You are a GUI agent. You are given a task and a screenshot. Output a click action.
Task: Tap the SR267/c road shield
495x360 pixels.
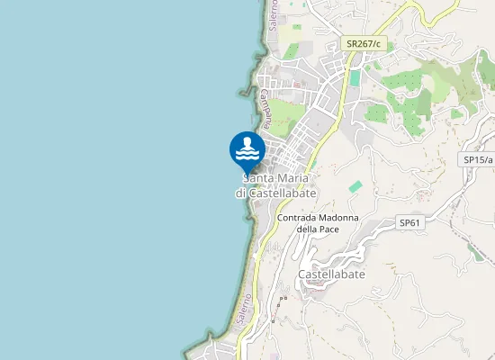364,43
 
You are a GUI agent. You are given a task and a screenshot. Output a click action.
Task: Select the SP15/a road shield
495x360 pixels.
476,159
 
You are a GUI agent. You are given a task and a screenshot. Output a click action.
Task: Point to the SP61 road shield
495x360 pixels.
409,222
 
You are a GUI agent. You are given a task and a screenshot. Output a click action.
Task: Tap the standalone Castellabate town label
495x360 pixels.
331,274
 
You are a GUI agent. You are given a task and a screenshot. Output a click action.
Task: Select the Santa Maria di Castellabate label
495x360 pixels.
276,186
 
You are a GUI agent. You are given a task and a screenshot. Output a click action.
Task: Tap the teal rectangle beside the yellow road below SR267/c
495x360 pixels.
355,78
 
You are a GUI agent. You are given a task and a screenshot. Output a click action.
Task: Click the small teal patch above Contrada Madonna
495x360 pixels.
356,186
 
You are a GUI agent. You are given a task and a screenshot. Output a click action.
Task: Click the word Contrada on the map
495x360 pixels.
298,218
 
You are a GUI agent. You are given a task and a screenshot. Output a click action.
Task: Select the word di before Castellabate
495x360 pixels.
241,193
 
